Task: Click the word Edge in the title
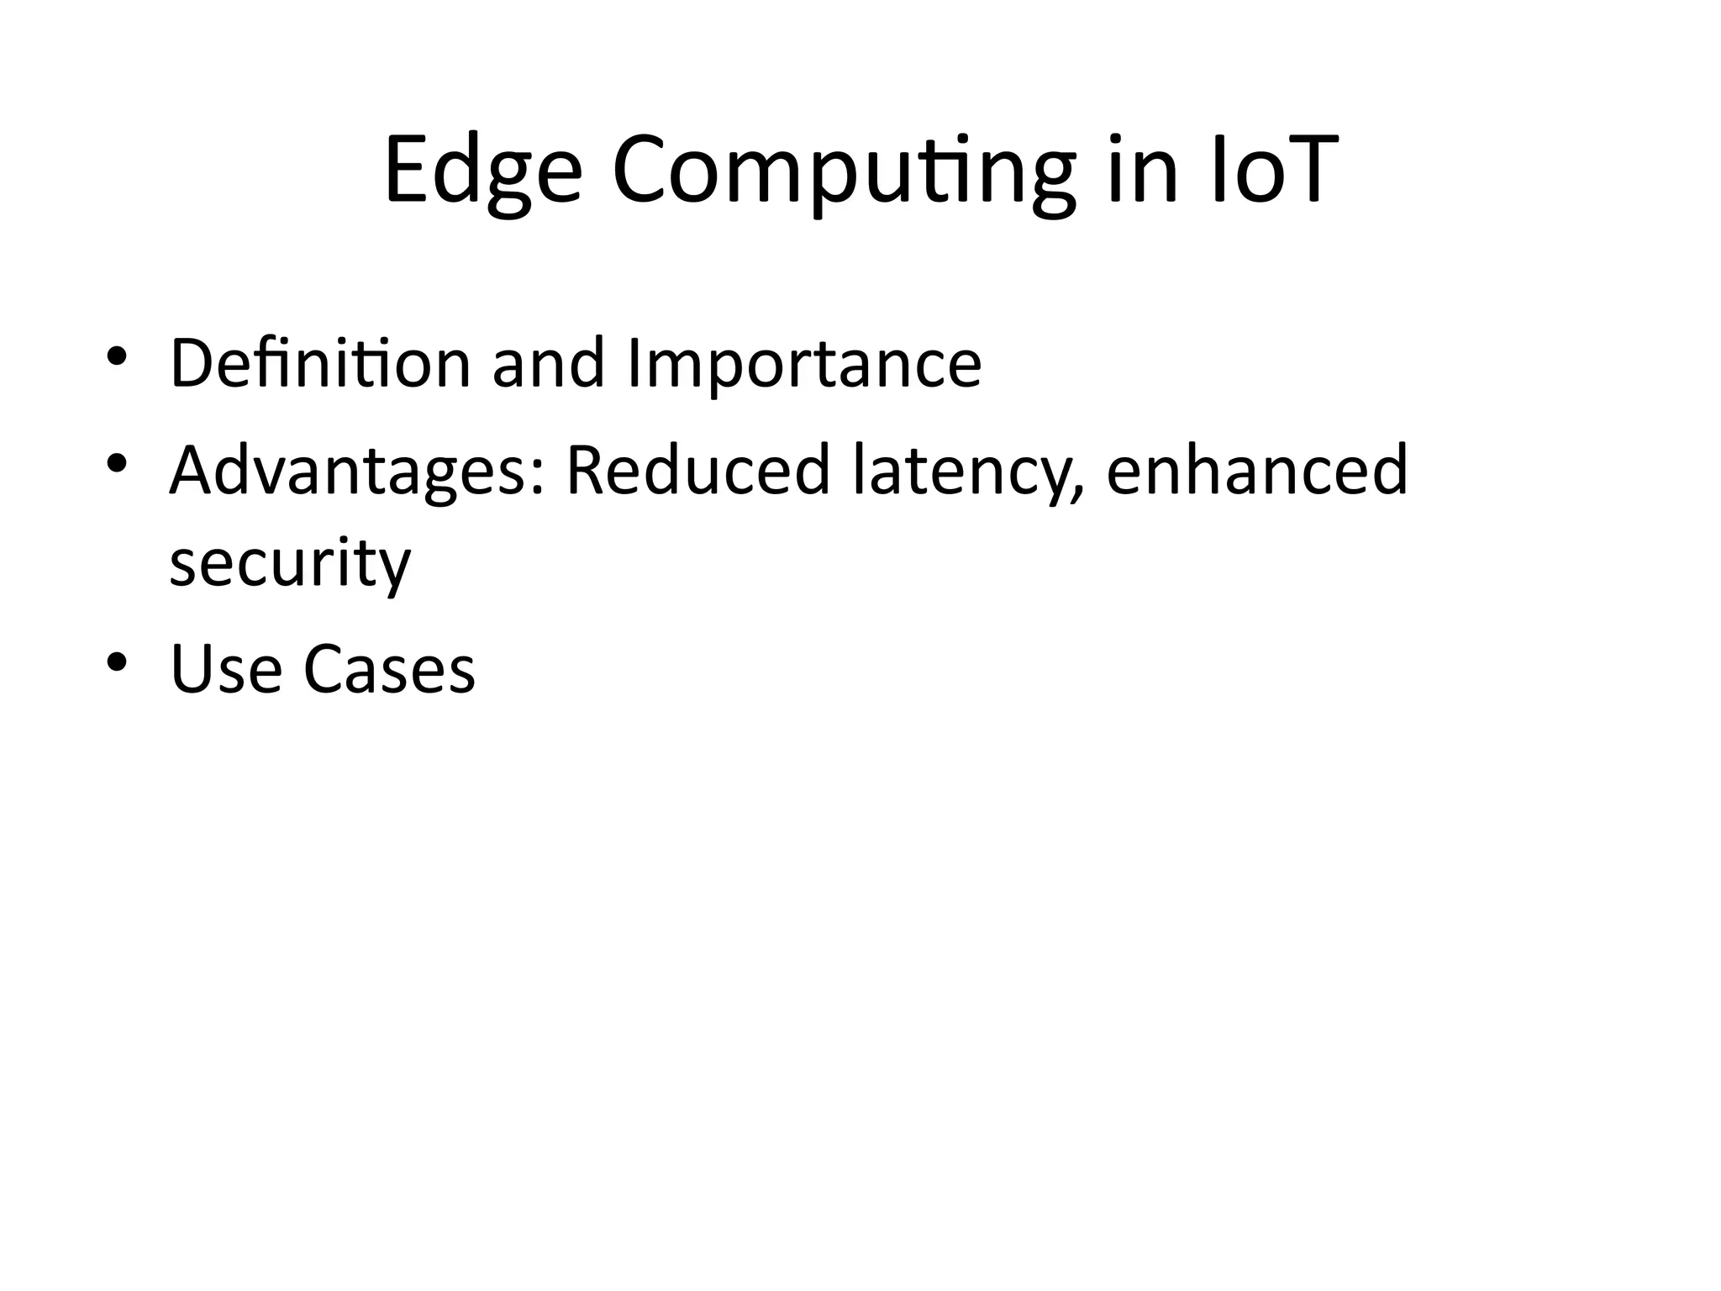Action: [x=483, y=172]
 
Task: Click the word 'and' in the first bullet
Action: [x=548, y=363]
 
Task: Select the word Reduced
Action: [x=697, y=470]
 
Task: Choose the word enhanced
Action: [x=1256, y=470]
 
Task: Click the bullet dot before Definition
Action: [x=116, y=356]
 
